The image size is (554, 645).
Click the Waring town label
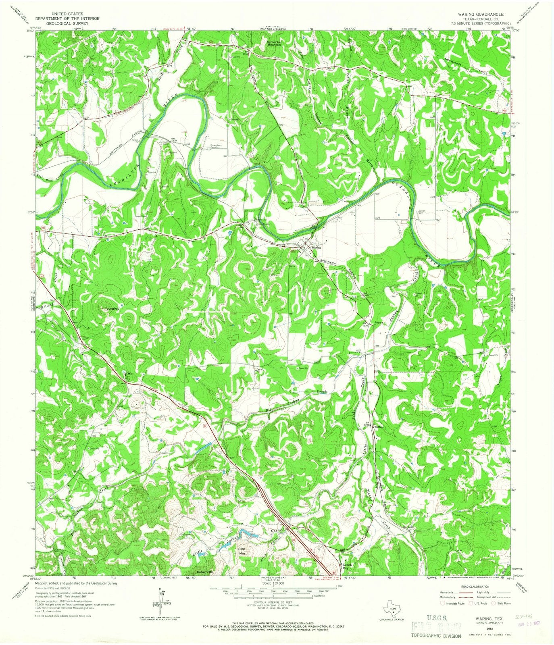[x=317, y=248]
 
